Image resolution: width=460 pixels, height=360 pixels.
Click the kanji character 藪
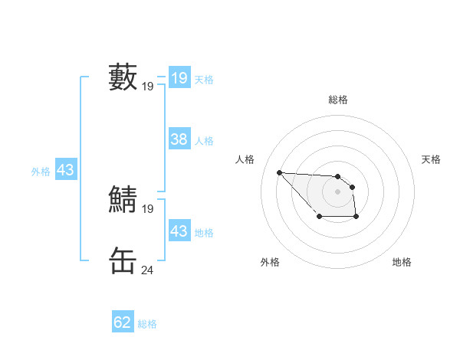(123, 77)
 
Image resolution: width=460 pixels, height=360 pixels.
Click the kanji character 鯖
(123, 200)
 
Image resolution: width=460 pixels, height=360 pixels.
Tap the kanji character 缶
(123, 261)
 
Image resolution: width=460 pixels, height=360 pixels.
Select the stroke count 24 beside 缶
(147, 270)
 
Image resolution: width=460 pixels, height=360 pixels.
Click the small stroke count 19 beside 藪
(147, 87)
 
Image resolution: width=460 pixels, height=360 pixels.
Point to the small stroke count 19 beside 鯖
(147, 209)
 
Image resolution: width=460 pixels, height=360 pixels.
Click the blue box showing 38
(179, 139)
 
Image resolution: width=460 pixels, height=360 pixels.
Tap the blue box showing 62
(123, 322)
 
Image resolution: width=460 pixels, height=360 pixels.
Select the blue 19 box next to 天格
(179, 78)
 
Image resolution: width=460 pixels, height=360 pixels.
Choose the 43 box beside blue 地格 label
(179, 231)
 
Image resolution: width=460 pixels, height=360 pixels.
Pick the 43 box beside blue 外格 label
(65, 170)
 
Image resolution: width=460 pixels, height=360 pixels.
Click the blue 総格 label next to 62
(147, 324)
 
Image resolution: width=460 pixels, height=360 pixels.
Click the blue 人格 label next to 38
(204, 141)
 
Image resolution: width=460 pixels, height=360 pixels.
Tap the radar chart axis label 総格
(338, 100)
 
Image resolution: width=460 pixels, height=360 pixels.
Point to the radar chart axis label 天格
(432, 159)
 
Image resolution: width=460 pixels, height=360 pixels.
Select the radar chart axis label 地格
(402, 262)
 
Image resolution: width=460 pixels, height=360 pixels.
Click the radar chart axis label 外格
(270, 262)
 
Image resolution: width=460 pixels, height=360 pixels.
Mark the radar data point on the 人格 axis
(279, 172)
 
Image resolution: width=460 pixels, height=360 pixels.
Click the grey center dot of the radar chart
(338, 191)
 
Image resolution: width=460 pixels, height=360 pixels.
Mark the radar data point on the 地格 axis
(356, 218)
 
